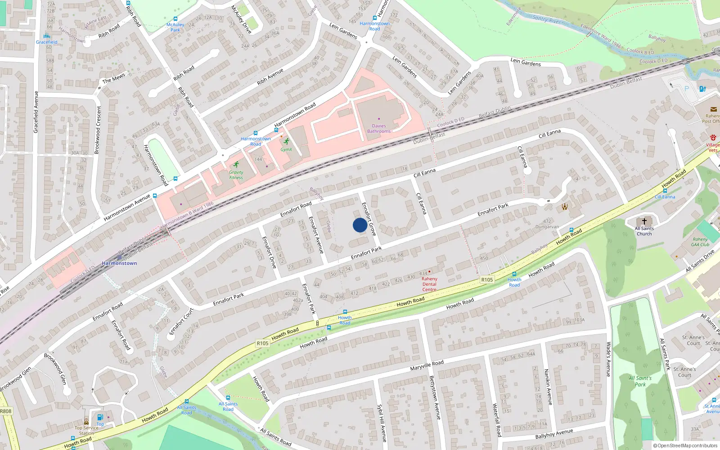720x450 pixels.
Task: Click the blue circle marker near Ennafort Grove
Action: pyautogui.click(x=360, y=225)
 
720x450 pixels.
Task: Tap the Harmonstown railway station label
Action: pyautogui.click(x=119, y=263)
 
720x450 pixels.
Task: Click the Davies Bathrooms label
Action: pyautogui.click(x=379, y=129)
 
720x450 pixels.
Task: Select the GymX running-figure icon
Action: pyautogui.click(x=286, y=142)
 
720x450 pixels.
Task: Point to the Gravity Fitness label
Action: pyautogui.click(x=236, y=175)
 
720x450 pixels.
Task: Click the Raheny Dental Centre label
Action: pyautogui.click(x=429, y=284)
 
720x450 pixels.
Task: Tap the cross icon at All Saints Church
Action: pyautogui.click(x=644, y=221)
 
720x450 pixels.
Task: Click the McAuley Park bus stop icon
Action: pyautogui.click(x=175, y=19)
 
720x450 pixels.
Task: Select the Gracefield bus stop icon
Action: pyautogui.click(x=47, y=36)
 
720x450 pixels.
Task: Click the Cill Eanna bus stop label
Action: pyautogui.click(x=665, y=197)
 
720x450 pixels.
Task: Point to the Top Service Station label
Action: pyautogui.click(x=86, y=430)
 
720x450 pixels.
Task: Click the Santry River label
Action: pyautogui.click(x=546, y=19)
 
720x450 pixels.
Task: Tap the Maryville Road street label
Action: pyautogui.click(x=427, y=365)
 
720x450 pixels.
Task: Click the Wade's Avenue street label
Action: pyautogui.click(x=608, y=359)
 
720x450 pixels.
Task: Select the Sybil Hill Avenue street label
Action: pyautogui.click(x=381, y=423)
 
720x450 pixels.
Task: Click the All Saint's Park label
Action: pyautogui.click(x=640, y=381)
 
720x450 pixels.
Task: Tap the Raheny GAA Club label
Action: pyautogui.click(x=700, y=242)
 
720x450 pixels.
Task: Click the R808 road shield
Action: pyautogui.click(x=6, y=411)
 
